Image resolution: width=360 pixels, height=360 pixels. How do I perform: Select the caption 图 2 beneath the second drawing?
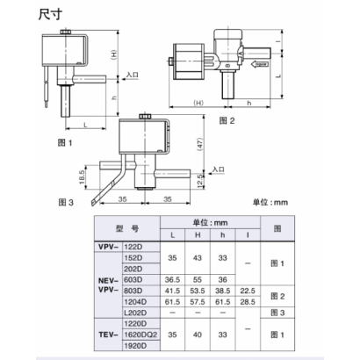[x=226, y=119]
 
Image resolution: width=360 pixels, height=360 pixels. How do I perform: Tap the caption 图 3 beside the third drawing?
[x=62, y=201]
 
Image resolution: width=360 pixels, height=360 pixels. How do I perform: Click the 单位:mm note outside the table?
[x=270, y=202]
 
